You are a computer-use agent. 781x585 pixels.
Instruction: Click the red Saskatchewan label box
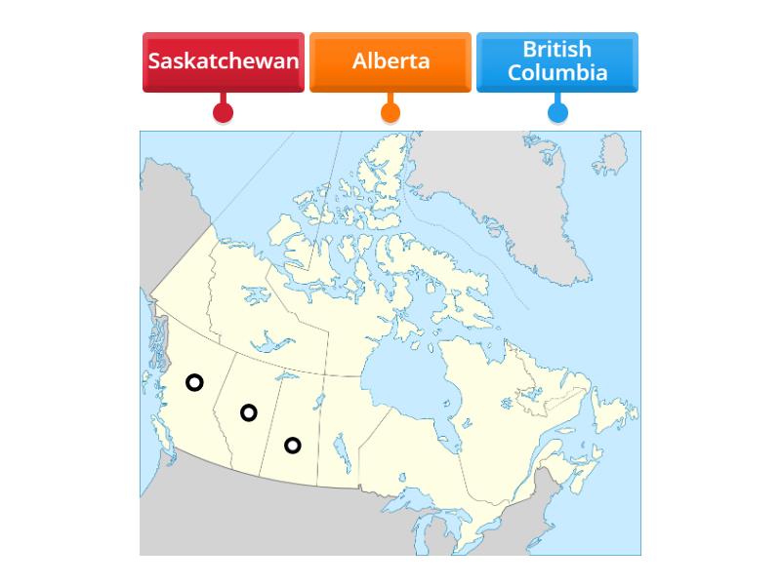coord(224,61)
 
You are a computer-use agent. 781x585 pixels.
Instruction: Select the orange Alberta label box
coord(390,61)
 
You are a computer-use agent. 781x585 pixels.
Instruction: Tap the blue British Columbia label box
coord(557,61)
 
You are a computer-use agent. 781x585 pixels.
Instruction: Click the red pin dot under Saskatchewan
coord(224,112)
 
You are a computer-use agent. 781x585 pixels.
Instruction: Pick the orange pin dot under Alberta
coord(390,112)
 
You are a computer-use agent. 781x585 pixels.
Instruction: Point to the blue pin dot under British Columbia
coord(557,112)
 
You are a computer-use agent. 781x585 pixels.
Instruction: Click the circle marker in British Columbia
coord(194,382)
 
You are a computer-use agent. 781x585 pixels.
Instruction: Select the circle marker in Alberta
coord(249,412)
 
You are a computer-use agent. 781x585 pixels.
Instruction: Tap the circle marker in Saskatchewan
coord(292,446)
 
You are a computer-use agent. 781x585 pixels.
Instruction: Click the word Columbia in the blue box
coord(557,73)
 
